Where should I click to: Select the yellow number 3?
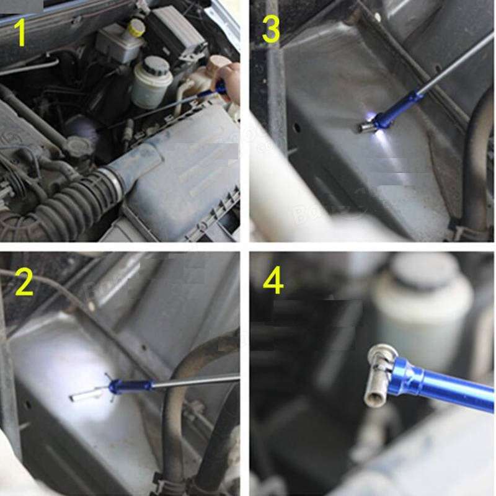[x=271, y=29]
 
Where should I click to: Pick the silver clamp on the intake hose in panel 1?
[x=113, y=180]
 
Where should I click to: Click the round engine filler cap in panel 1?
[x=79, y=148]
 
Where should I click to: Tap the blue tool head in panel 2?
[x=130, y=386]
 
